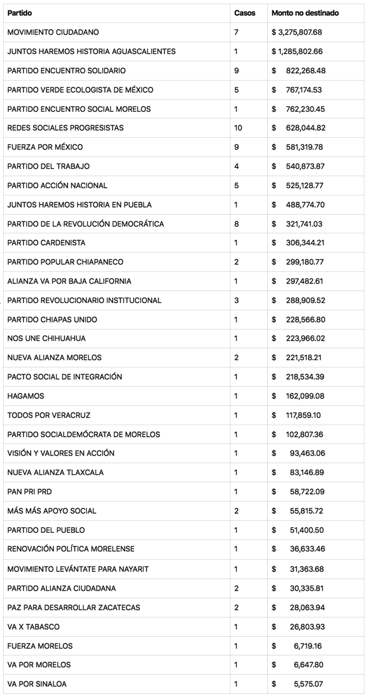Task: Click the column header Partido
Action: point(19,13)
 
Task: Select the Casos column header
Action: point(245,13)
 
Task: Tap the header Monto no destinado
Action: point(305,13)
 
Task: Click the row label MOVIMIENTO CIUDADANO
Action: point(53,32)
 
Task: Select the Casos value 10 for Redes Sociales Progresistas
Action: point(238,128)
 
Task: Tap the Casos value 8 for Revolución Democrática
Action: point(236,223)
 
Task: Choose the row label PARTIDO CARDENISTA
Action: point(46,243)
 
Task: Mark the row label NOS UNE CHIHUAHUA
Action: point(46,338)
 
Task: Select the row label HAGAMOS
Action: point(25,396)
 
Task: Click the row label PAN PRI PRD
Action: point(29,492)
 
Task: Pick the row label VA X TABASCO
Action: point(34,627)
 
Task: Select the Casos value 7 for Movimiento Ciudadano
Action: point(236,32)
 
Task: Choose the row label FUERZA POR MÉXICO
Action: point(45,147)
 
